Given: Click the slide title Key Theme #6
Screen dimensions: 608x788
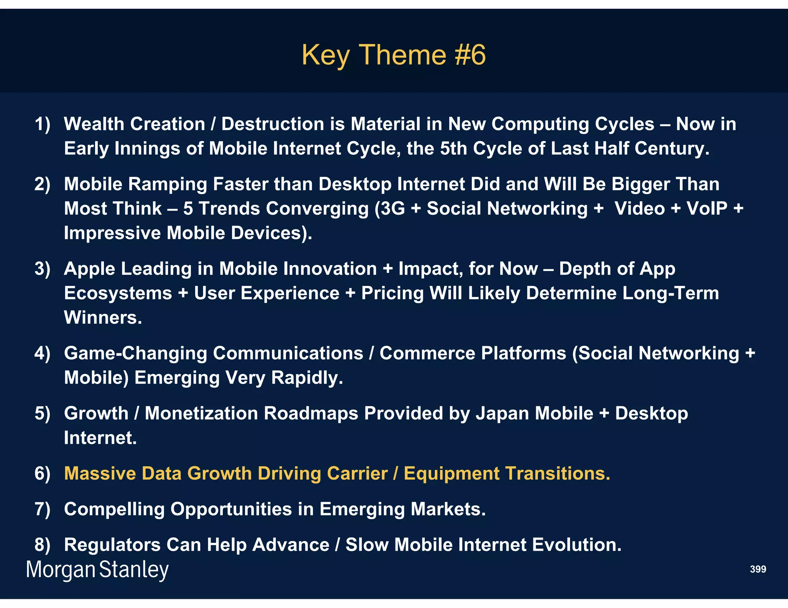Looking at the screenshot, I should point(393,55).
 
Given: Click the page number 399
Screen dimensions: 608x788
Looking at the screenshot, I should point(758,569).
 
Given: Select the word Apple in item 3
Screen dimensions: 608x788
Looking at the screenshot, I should point(89,269).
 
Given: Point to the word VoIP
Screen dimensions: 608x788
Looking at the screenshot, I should point(707,209).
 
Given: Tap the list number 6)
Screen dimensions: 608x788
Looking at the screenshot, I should point(42,473).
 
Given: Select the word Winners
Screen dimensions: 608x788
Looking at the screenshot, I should point(103,318).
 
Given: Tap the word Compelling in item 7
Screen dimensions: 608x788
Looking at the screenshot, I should point(114,509).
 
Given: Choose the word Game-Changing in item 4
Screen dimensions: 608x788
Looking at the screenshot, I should point(135,354).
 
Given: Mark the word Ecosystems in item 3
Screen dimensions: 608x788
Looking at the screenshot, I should point(118,293).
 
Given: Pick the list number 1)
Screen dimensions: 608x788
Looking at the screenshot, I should point(42,124).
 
